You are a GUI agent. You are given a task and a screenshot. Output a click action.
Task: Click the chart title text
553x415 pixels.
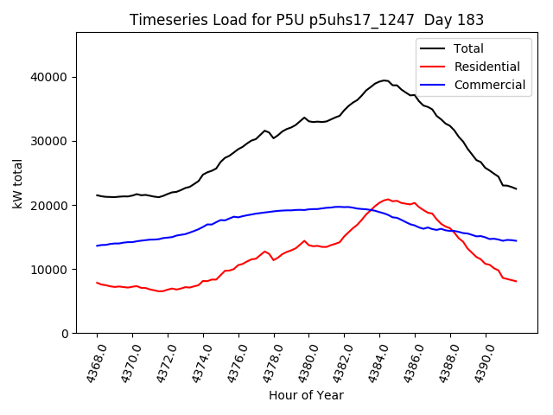(307, 20)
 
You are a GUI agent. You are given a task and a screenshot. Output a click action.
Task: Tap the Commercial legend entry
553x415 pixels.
(489, 85)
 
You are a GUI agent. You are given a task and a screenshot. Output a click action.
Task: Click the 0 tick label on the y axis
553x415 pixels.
(65, 334)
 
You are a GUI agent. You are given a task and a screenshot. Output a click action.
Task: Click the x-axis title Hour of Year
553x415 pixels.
(306, 396)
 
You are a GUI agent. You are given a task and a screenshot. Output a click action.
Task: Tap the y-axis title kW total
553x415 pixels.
(18, 182)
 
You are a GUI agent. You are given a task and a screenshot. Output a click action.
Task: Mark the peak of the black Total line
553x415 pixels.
(385, 80)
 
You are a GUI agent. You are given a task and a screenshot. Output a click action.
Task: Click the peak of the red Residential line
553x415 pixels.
(388, 199)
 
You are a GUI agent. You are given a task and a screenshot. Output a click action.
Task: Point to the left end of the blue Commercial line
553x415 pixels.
(97, 246)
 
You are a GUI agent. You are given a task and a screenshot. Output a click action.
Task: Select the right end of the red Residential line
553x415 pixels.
(516, 281)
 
